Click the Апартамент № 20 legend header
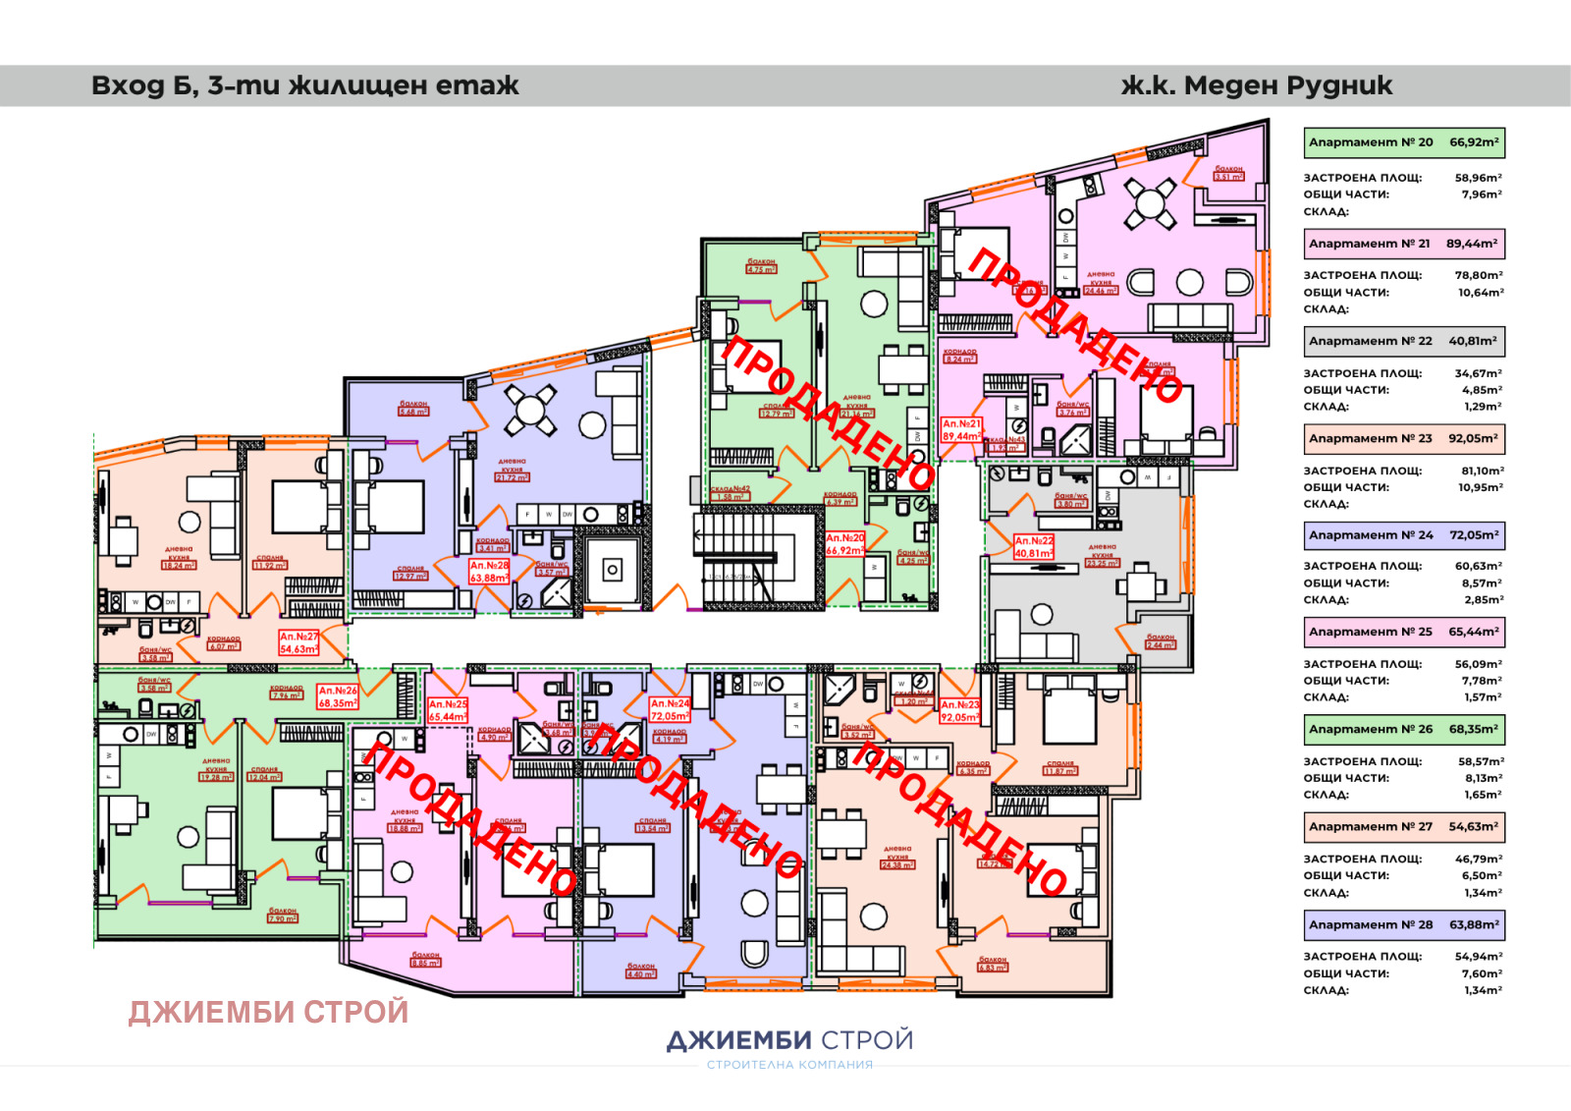(1403, 142)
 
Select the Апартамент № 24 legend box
(1403, 535)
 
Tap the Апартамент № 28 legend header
(1403, 924)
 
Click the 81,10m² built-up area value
(1481, 471)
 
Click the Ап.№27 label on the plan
(298, 642)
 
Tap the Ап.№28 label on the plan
(489, 572)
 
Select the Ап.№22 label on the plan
(1034, 547)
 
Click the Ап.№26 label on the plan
(338, 696)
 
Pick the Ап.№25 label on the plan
(448, 710)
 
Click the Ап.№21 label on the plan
(961, 430)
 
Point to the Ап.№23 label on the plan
(959, 711)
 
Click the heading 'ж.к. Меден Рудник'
(1256, 85)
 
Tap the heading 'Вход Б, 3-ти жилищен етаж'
(304, 85)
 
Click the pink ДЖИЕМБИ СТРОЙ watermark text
(268, 1012)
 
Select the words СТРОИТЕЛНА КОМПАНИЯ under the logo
(789, 1065)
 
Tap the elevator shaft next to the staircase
(612, 569)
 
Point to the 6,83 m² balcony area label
(993, 964)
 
